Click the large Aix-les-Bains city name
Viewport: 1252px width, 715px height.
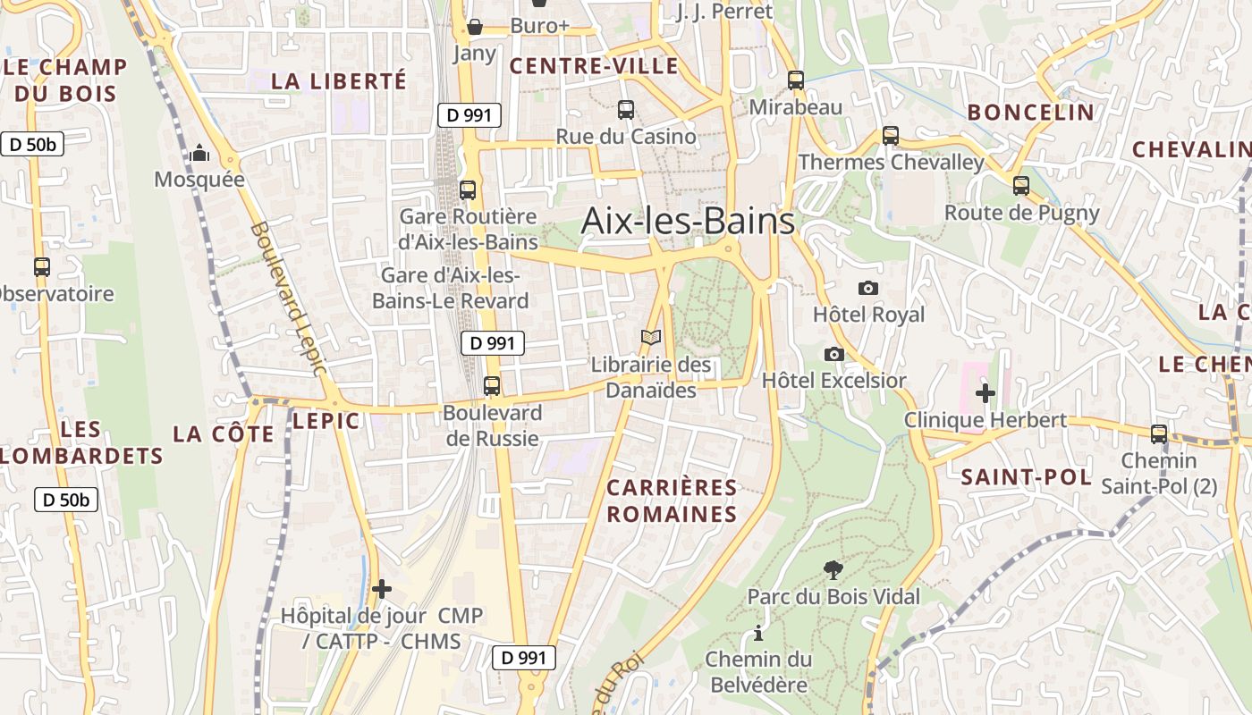pyautogui.click(x=688, y=221)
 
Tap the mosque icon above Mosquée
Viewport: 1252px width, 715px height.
pyautogui.click(x=199, y=154)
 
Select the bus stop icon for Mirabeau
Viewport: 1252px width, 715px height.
pyautogui.click(x=796, y=80)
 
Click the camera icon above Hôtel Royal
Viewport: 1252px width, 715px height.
pyautogui.click(x=867, y=288)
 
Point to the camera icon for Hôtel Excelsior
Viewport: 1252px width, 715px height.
pyautogui.click(x=834, y=354)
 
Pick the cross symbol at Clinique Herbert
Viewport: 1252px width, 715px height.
pyautogui.click(x=986, y=392)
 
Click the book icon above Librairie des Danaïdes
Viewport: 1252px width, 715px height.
pyautogui.click(x=652, y=338)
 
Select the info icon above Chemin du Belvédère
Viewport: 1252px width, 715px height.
pyautogui.click(x=758, y=633)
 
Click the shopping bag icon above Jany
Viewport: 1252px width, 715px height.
pyautogui.click(x=475, y=27)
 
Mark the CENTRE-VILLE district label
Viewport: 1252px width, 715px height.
pyautogui.click(x=594, y=66)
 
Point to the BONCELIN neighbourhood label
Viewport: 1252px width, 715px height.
pyautogui.click(x=1031, y=112)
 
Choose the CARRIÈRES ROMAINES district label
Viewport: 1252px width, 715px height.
pyautogui.click(x=673, y=500)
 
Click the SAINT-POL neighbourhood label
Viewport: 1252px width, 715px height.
pyautogui.click(x=1027, y=477)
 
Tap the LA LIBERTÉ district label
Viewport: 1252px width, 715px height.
pyautogui.click(x=339, y=80)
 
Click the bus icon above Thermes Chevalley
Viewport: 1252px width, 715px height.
pyautogui.click(x=891, y=136)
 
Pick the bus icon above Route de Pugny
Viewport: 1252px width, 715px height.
pyautogui.click(x=1021, y=186)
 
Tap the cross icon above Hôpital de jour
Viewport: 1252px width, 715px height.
pyautogui.click(x=382, y=589)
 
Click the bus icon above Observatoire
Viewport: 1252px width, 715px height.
pyautogui.click(x=42, y=266)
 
